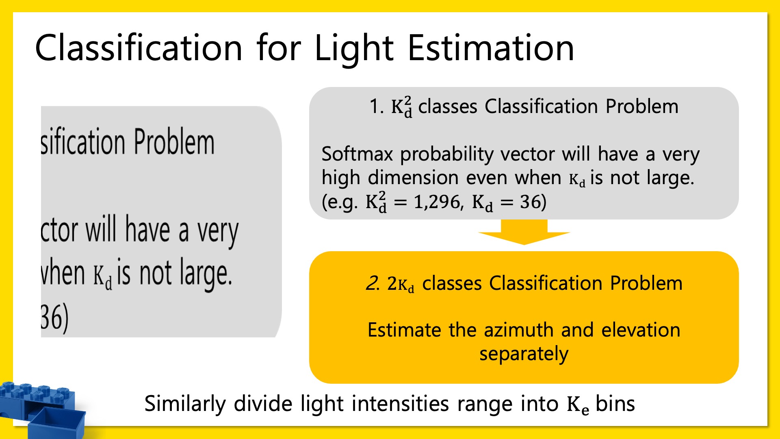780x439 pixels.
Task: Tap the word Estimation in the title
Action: [491, 48]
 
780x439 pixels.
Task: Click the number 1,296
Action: [437, 202]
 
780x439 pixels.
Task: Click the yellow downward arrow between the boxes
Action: [524, 232]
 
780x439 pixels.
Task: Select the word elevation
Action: [641, 330]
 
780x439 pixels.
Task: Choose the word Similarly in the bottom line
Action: [185, 404]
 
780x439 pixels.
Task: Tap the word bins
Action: [615, 404]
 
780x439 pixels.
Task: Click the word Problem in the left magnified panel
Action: [174, 142]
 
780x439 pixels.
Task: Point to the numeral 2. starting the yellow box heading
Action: [373, 283]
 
